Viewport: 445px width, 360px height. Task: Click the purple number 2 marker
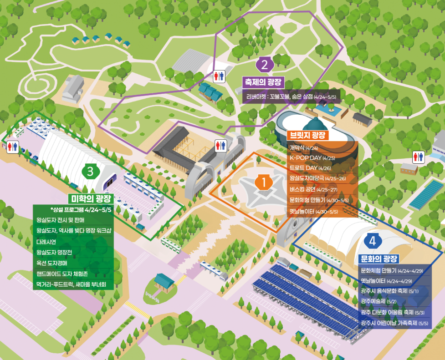tap(264, 65)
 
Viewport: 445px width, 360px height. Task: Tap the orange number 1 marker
tap(263, 183)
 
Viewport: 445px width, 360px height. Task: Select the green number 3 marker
tap(90, 172)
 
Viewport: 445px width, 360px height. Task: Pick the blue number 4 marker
tap(373, 240)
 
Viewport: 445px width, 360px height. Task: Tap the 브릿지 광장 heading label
tap(307, 135)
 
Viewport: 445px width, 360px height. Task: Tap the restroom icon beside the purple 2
tap(219, 76)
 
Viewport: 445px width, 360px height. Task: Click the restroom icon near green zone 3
tap(13, 147)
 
